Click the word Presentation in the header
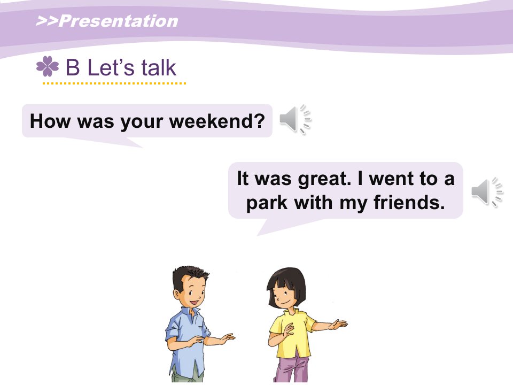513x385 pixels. (x=119, y=21)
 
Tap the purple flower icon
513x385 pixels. (x=48, y=66)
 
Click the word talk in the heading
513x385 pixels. (x=159, y=67)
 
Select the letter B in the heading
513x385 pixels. (x=73, y=67)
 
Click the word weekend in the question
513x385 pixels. (x=213, y=121)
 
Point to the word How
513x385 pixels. (x=50, y=121)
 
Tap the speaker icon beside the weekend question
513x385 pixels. (x=295, y=119)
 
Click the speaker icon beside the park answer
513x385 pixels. (x=487, y=191)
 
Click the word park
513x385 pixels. (x=267, y=203)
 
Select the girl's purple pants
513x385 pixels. (x=292, y=369)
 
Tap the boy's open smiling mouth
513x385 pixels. (x=196, y=302)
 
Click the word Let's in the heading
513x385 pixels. (x=111, y=67)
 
